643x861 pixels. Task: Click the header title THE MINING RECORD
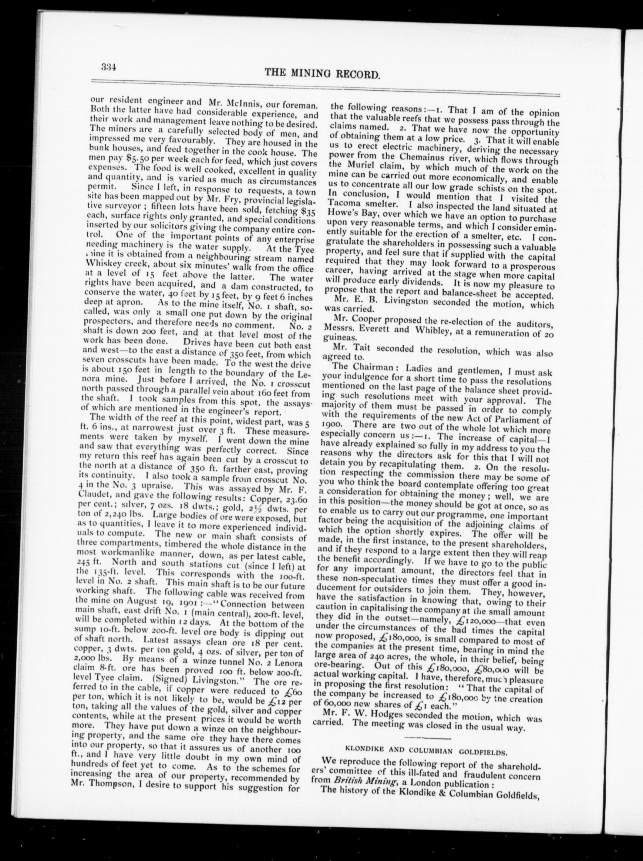point(322,73)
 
